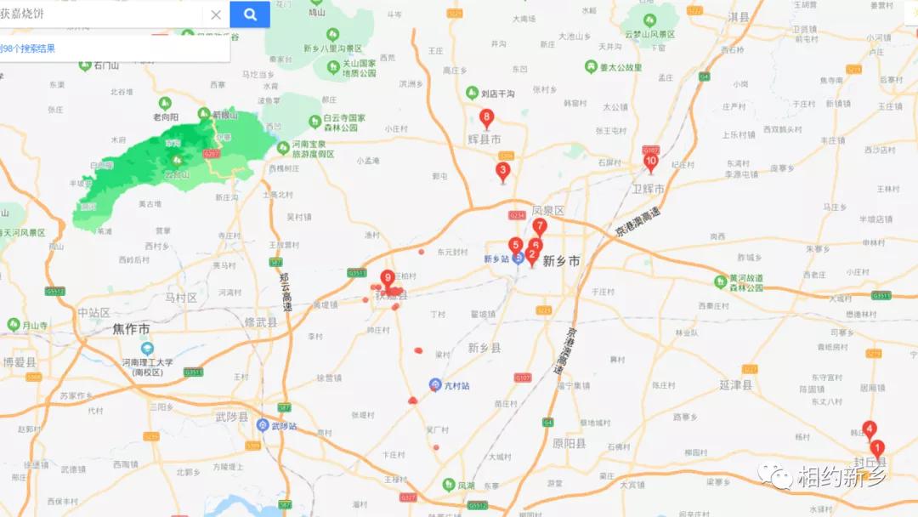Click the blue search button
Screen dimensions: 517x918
[250, 14]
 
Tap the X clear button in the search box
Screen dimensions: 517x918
[216, 14]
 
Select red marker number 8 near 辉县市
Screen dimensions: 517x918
[486, 118]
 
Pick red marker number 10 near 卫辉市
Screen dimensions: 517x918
[651, 162]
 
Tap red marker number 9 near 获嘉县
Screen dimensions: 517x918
[388, 278]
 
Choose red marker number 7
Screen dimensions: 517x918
[540, 226]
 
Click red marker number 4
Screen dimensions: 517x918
[870, 429]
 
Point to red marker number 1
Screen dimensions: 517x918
[877, 448]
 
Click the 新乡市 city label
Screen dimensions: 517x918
[561, 261]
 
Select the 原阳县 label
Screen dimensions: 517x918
[569, 444]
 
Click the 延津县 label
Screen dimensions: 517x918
[736, 385]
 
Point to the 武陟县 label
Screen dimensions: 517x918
[231, 418]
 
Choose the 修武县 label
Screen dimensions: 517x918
[261, 322]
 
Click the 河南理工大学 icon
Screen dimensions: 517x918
[148, 349]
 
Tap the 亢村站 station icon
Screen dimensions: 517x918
[435, 385]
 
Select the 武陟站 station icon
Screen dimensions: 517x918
[263, 425]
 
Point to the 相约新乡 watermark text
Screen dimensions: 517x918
[841, 477]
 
